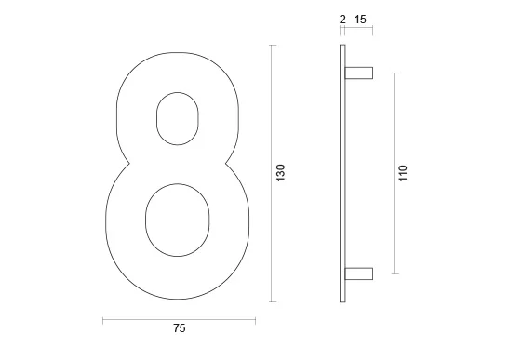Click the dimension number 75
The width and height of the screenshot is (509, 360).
click(180, 328)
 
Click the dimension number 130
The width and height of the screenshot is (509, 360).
click(280, 173)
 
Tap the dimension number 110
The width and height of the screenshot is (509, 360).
click(403, 173)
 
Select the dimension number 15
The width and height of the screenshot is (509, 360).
click(360, 20)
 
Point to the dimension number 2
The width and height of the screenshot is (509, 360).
click(342, 20)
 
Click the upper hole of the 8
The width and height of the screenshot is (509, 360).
click(177, 118)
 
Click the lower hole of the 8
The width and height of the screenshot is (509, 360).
click(177, 220)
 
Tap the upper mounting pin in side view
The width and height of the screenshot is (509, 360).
click(358, 73)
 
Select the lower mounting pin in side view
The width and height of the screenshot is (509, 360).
click(358, 273)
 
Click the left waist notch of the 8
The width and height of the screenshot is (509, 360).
click(129, 164)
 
